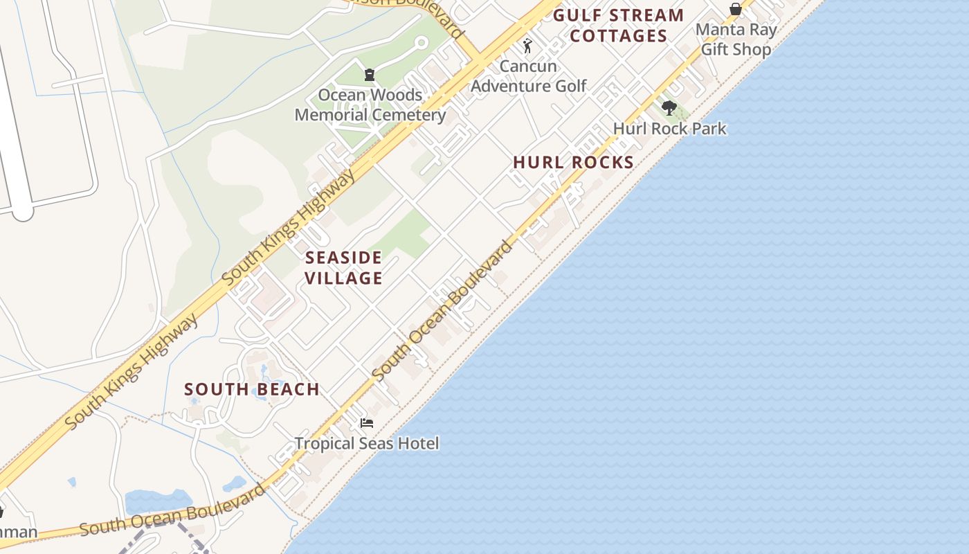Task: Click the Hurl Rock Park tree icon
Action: [669, 107]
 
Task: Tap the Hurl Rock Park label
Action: [669, 129]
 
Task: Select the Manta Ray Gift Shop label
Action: [736, 39]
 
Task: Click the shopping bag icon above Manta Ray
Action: [735, 9]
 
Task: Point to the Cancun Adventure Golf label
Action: [528, 76]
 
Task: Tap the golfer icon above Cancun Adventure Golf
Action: [527, 46]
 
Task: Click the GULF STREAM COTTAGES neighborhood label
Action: [618, 26]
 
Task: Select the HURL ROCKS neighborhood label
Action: [573, 162]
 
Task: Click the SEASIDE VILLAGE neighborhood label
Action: [344, 268]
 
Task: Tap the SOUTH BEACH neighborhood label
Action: [252, 389]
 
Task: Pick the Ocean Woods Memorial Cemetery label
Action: [370, 105]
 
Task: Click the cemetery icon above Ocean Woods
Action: [370, 75]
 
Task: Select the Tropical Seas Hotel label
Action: [367, 443]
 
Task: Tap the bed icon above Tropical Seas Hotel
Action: [367, 422]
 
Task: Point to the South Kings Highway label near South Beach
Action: [132, 371]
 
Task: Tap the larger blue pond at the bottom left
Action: [159, 500]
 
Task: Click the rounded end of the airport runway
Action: [23, 211]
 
